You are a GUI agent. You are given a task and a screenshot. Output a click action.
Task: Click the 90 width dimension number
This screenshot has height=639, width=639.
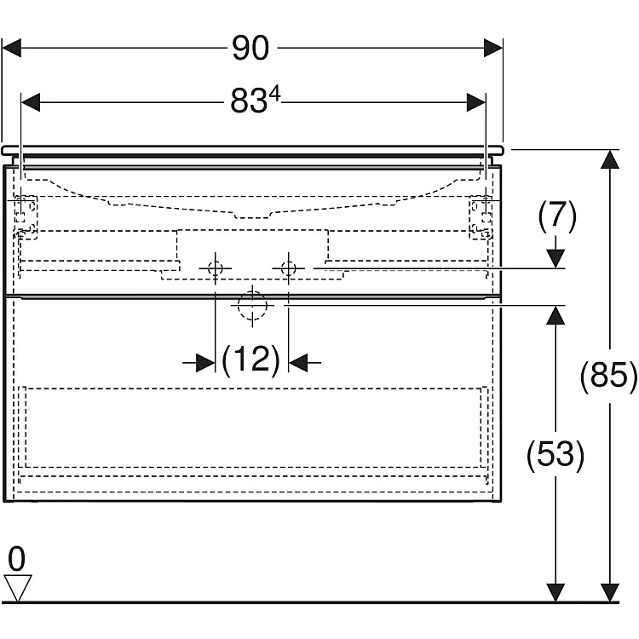[250, 48]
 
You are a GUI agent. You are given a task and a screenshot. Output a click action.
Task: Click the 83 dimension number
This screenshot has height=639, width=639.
[249, 101]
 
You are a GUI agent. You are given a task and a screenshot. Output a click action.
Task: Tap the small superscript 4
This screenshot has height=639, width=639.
[275, 95]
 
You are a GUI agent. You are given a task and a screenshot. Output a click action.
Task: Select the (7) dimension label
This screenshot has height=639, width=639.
[557, 216]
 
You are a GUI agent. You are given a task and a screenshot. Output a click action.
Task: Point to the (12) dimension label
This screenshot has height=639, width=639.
[251, 360]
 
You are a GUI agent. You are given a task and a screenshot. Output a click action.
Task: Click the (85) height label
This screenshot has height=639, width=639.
[608, 376]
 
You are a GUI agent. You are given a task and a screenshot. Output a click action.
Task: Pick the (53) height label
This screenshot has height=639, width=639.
[556, 454]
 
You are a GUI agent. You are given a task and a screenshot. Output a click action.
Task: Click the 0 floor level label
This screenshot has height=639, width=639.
[17, 559]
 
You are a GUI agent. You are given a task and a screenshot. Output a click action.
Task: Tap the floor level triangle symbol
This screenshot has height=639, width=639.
[18, 587]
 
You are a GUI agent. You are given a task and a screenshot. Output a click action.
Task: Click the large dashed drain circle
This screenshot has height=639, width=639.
[252, 305]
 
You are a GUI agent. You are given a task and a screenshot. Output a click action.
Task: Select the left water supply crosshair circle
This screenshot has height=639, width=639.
[216, 268]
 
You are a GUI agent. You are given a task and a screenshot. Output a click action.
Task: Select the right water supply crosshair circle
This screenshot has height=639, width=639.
[289, 268]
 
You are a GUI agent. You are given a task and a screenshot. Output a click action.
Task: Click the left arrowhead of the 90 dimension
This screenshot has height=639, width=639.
[11, 48]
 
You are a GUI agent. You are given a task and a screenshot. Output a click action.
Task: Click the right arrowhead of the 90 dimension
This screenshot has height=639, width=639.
[493, 48]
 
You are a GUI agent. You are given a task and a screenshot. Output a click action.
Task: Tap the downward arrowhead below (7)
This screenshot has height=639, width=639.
[556, 258]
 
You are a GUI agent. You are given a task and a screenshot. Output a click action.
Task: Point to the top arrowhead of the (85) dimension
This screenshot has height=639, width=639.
[610, 159]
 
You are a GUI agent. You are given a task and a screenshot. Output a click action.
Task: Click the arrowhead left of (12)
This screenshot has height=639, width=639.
[205, 362]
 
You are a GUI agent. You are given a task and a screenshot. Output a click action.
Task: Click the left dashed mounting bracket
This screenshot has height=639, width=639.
[26, 216]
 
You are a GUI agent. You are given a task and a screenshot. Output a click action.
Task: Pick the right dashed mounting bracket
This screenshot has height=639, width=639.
[481, 216]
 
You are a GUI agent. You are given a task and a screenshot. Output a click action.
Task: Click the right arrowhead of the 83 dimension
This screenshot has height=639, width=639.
[476, 102]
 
